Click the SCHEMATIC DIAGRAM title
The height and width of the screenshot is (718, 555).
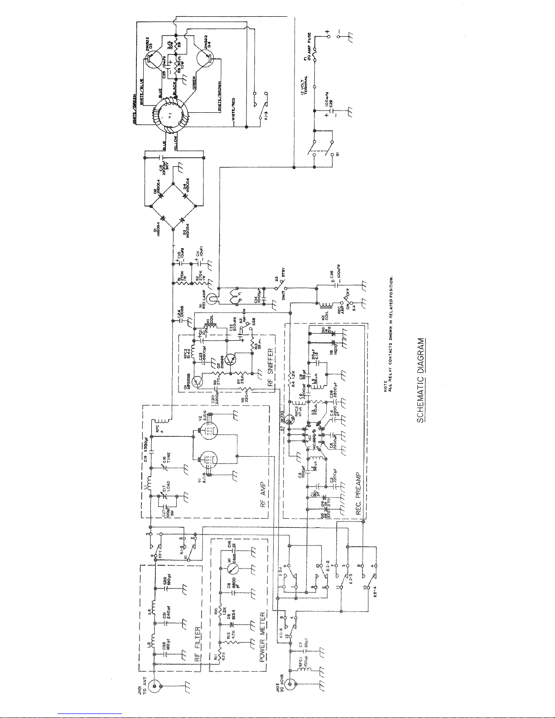tap(421, 380)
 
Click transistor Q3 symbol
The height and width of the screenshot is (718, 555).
tap(151, 57)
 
